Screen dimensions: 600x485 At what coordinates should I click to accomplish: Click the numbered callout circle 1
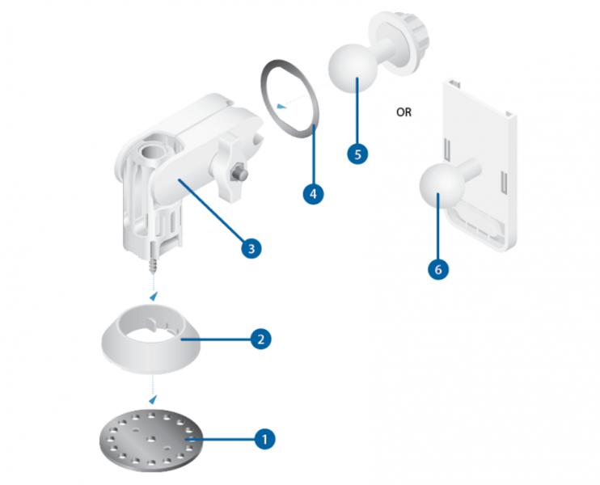click(264, 438)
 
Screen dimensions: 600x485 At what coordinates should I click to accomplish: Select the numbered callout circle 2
click(261, 339)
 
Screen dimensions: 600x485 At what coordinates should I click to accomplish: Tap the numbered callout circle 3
click(251, 249)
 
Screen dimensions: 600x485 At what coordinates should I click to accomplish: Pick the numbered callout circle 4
click(313, 194)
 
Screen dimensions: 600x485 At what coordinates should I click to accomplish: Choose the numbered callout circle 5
click(357, 154)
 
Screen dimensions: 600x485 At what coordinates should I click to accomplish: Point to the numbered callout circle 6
click(438, 269)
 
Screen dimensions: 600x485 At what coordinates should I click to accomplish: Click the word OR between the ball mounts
click(404, 112)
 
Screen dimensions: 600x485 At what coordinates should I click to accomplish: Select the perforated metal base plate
click(150, 440)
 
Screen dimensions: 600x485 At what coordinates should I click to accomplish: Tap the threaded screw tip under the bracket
click(154, 264)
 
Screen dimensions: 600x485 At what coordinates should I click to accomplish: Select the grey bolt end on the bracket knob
click(239, 172)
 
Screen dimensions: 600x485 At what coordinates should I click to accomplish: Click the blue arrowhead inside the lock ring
click(281, 106)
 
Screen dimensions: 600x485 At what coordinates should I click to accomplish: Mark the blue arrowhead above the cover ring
click(154, 296)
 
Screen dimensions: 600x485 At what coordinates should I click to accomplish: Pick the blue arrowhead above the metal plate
click(153, 399)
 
